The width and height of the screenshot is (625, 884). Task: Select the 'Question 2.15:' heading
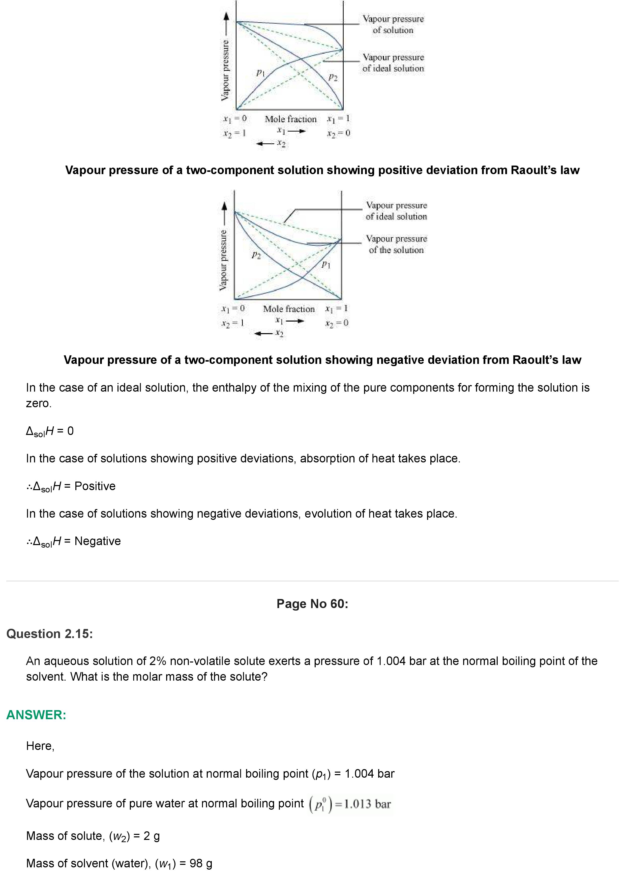pos(50,634)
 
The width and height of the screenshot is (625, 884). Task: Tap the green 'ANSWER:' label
pos(36,715)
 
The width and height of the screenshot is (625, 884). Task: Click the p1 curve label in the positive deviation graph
pos(261,72)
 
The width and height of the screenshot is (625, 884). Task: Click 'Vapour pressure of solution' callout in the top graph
pos(393,24)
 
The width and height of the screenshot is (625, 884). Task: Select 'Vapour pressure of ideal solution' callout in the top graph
pos(393,63)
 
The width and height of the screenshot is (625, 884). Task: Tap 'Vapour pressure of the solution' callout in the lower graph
pos(396,244)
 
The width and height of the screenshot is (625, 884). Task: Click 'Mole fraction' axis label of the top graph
pos(290,119)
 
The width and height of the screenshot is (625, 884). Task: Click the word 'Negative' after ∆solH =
pos(97,541)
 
